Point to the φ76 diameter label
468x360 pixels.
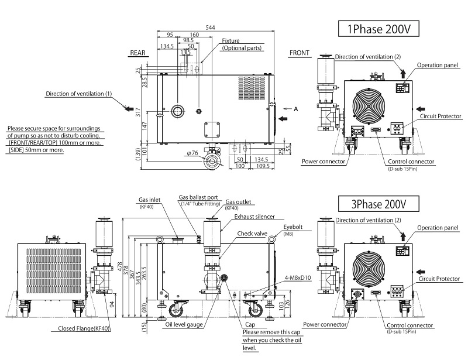pyautogui.click(x=193, y=154)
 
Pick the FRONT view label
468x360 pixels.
pyautogui.click(x=299, y=53)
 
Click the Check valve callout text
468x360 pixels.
pyautogui.click(x=252, y=233)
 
